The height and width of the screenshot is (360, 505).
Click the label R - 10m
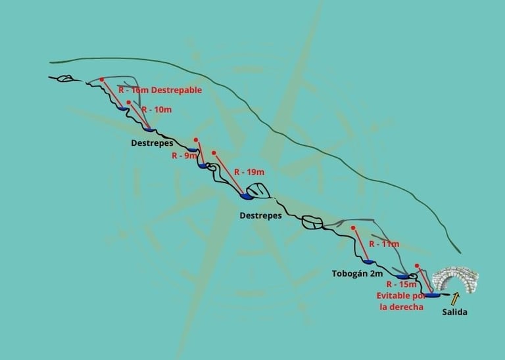(157, 109)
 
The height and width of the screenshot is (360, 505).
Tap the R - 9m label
(184, 156)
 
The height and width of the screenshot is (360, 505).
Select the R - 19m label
(250, 172)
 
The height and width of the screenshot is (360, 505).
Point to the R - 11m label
(384, 244)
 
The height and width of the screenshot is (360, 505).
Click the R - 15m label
(401, 284)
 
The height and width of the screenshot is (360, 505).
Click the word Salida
(454, 312)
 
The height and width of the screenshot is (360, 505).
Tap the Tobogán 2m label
(357, 273)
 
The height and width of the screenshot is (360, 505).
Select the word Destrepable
(176, 90)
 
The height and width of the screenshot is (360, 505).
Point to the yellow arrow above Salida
(454, 299)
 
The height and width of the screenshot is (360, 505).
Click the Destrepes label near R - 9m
(152, 143)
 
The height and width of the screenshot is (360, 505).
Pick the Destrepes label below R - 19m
(260, 215)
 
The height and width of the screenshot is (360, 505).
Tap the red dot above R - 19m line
(214, 153)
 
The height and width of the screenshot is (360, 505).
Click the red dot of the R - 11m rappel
(353, 228)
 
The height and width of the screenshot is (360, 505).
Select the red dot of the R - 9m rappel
(195, 140)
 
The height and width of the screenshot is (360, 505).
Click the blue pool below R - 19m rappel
(247, 196)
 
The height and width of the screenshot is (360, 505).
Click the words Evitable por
(401, 296)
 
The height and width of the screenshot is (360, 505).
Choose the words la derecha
(401, 307)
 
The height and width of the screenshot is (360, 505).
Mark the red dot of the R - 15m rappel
(417, 266)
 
